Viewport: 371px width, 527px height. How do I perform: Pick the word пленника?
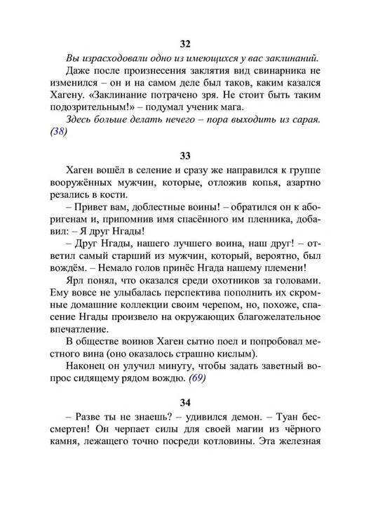click(264, 225)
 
